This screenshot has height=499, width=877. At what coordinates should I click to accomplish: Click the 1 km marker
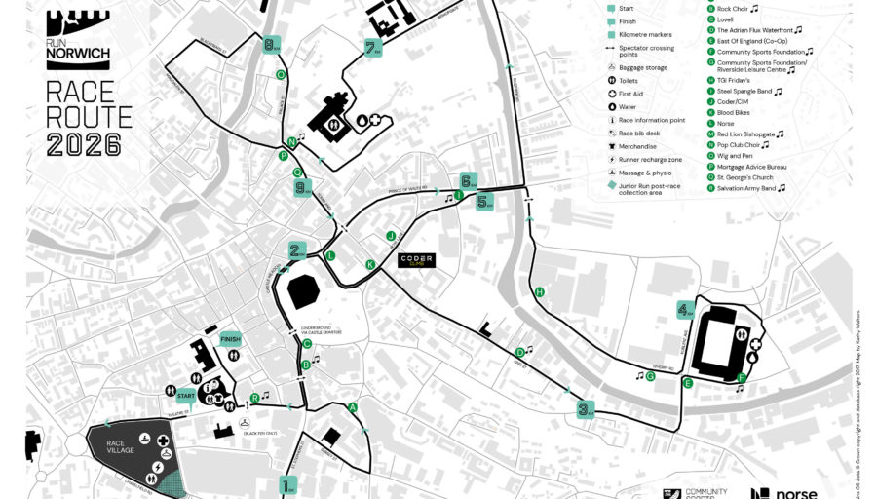coord(287,484)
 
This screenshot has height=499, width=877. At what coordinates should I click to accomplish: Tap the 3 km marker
coord(585,409)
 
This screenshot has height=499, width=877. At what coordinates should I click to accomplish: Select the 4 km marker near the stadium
coord(686,310)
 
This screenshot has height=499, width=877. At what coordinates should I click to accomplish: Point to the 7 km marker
coord(371,47)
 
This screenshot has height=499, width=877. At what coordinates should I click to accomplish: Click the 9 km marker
coord(302,188)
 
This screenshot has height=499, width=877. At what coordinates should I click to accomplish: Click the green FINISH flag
coord(230,339)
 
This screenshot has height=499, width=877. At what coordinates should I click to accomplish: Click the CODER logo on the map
coord(417,260)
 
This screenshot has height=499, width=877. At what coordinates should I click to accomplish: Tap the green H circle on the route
coord(539,292)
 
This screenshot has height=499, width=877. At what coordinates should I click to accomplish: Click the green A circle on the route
coord(353,407)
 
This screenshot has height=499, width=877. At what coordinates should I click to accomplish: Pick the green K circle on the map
coord(369,265)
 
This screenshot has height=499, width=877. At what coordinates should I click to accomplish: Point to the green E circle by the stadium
coord(688,383)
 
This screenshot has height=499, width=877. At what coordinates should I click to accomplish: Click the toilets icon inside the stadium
coord(744,331)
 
